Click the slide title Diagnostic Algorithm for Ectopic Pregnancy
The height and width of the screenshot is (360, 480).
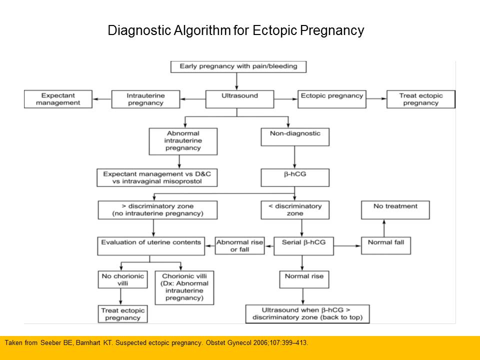236,31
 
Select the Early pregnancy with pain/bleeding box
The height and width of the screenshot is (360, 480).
238,66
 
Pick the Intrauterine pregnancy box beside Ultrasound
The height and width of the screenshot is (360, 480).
145,99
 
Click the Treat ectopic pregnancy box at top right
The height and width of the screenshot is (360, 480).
420,99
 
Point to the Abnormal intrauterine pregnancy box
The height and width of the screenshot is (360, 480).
183,141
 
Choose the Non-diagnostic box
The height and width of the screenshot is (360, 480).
295,133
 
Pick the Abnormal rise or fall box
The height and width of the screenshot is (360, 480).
239,246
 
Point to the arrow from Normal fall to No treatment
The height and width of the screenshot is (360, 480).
383,228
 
